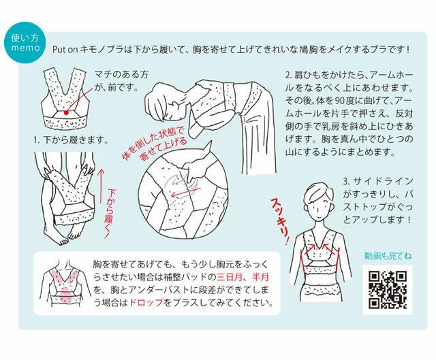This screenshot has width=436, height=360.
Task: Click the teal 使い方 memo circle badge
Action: tap(25, 43)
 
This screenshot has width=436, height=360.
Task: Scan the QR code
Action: tap(388, 290)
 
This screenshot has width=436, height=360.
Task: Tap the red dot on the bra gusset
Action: tap(66, 112)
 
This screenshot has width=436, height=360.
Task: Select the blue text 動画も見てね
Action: tap(388, 256)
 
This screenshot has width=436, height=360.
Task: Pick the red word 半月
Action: tap(260, 277)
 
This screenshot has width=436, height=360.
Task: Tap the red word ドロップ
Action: tap(146, 302)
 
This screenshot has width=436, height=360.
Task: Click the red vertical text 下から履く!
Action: tap(110, 213)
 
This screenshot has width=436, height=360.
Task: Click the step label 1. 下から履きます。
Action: tap(71, 140)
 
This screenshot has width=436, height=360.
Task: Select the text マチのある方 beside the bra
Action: tap(121, 74)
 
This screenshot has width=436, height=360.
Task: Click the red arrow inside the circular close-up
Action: tap(185, 192)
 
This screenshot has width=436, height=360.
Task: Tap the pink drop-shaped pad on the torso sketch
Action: tap(65, 295)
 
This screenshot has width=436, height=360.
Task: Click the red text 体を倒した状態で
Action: tap(153, 143)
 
